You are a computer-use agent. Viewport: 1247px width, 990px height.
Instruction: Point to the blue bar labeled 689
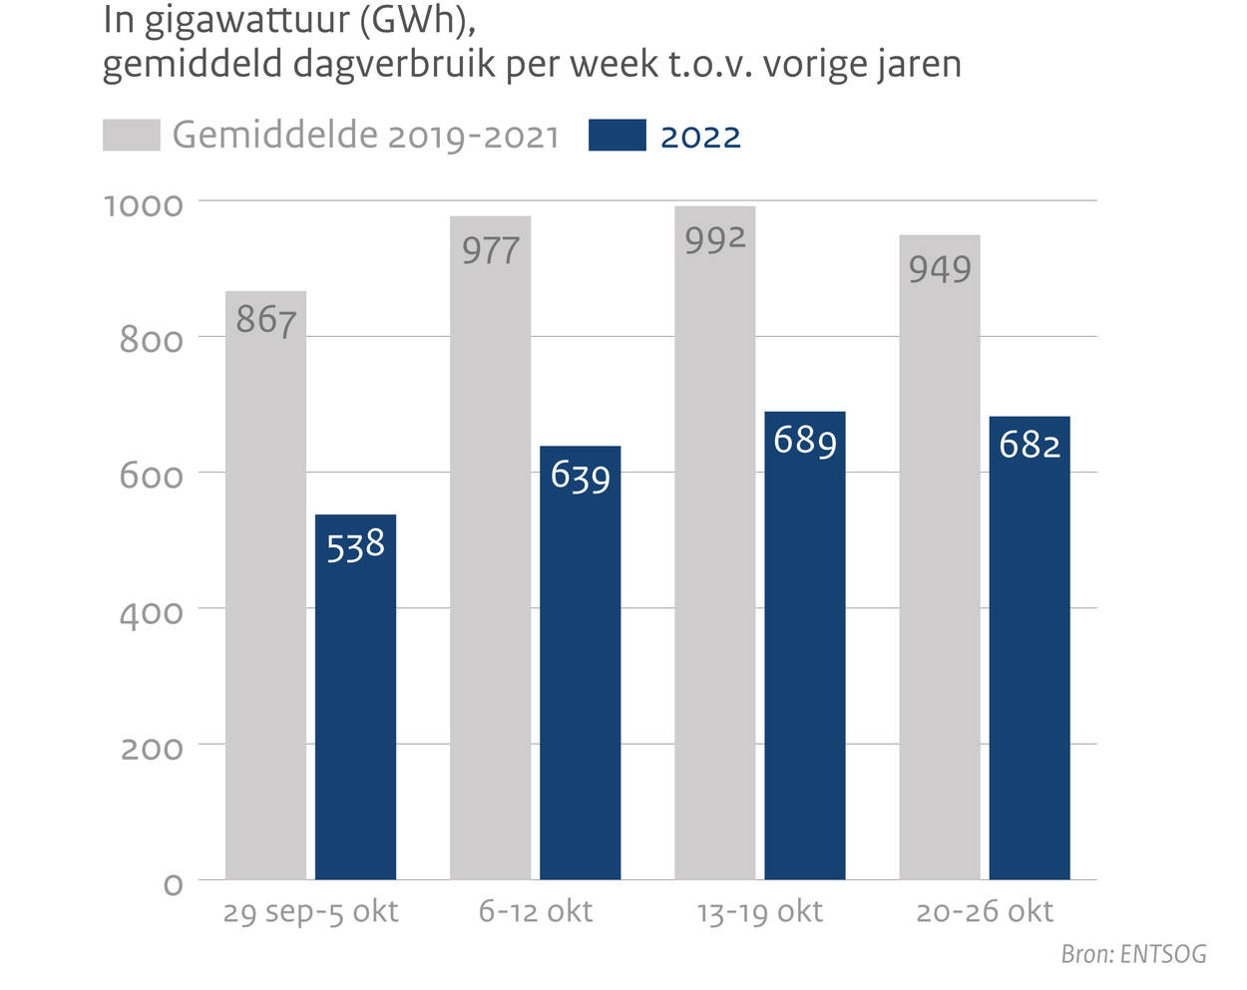[x=804, y=648]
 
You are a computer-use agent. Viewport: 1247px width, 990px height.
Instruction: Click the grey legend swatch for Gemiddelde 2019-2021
[x=131, y=136]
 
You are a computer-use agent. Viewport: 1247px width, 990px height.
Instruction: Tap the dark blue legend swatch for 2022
[x=617, y=136]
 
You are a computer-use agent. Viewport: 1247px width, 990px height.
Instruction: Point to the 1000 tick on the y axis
[x=144, y=205]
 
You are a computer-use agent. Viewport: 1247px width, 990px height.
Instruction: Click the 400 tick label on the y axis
[x=151, y=613]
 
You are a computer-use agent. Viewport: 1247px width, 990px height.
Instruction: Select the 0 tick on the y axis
[x=173, y=884]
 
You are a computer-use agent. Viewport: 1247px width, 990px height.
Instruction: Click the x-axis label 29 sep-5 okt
[x=310, y=911]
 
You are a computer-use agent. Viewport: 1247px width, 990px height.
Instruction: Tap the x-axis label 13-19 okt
[x=759, y=911]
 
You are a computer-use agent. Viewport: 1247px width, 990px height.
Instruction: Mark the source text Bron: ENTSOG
[x=1133, y=954]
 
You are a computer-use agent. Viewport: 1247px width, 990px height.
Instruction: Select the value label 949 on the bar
[x=939, y=268]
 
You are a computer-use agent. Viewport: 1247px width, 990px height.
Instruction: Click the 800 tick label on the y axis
[x=151, y=341]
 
